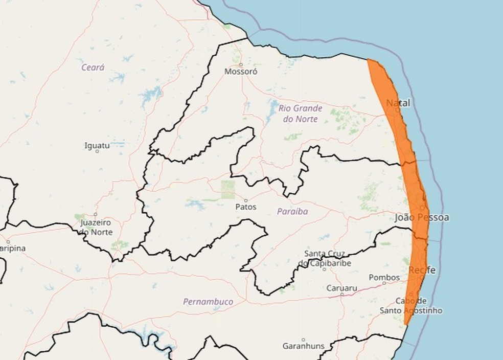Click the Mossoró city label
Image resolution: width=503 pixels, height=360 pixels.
[241, 72]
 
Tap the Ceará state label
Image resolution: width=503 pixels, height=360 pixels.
[93, 67]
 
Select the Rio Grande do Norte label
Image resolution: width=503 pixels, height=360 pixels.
[301, 114]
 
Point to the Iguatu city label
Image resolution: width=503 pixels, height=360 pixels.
[97, 145]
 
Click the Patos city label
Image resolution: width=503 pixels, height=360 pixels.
[246, 207]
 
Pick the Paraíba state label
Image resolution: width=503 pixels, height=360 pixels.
[293, 211]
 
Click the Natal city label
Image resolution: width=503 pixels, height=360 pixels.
[398, 103]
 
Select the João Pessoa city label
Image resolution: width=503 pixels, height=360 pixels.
[422, 218]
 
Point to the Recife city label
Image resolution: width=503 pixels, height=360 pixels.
[422, 270]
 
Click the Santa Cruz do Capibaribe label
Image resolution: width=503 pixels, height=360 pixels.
[325, 258]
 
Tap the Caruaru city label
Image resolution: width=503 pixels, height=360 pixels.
[342, 288]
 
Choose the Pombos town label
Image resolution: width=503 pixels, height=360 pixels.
[384, 278]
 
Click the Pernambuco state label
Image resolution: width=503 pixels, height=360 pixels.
[208, 302]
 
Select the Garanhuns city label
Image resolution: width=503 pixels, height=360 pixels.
[303, 346]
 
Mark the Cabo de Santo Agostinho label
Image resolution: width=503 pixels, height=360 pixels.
[411, 305]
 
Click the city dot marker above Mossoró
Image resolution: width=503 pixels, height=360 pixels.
[241, 64]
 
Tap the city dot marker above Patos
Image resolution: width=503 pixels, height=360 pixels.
[246, 200]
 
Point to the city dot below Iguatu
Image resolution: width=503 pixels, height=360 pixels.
[97, 151]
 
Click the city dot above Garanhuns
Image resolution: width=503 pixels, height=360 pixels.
[303, 340]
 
